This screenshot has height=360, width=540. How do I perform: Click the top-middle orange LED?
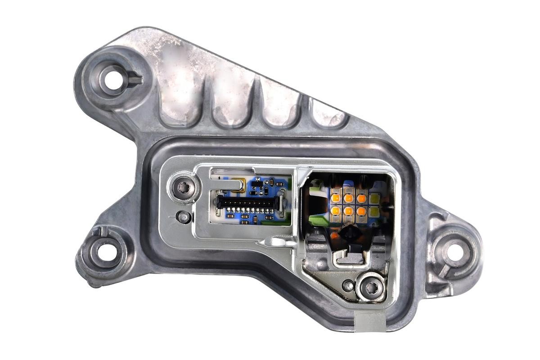[x=349, y=198]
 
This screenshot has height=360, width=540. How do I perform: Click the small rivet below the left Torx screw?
[x=183, y=216]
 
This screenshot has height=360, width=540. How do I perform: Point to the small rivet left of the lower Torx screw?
[x=348, y=285]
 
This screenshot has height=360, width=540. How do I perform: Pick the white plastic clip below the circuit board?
[x=281, y=243]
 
